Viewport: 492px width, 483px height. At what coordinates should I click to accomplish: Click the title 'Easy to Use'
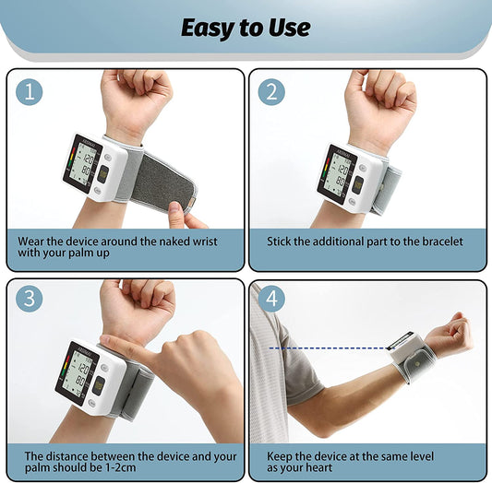click(x=245, y=28)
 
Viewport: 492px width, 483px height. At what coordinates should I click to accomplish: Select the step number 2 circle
click(x=272, y=92)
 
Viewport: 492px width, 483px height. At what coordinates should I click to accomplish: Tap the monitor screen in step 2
click(x=337, y=171)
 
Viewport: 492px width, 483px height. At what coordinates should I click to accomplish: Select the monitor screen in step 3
click(x=78, y=370)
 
